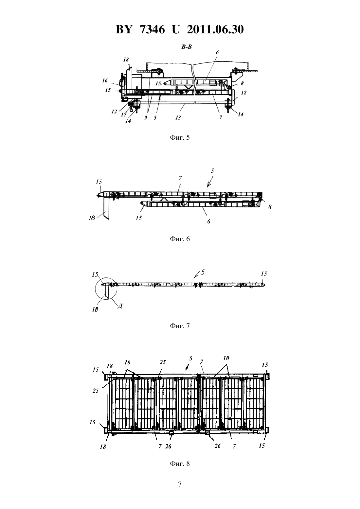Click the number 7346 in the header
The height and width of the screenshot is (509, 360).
[x=152, y=29]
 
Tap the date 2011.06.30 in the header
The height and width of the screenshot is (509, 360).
[x=215, y=29]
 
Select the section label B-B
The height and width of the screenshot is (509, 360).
[x=186, y=47]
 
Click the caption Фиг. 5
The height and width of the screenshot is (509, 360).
[x=180, y=137]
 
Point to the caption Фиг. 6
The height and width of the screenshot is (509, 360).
[x=180, y=239]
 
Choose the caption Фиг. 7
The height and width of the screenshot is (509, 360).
[x=180, y=326]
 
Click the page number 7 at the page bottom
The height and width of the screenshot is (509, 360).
[x=180, y=484]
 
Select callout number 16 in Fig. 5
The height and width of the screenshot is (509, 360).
[x=105, y=80]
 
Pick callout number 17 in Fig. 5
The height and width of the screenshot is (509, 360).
[x=124, y=115]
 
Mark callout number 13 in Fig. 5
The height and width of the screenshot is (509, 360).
[x=178, y=117]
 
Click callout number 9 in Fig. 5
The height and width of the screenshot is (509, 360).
[x=146, y=117]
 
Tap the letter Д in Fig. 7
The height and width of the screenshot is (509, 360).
[x=120, y=306]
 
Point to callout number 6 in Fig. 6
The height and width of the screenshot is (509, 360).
[x=209, y=221]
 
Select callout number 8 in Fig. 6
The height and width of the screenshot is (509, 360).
[x=270, y=207]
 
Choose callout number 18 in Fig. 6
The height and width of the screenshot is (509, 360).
[x=92, y=219]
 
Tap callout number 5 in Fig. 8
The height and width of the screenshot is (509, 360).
[x=191, y=358]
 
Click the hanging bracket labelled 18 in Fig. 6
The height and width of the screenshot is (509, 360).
[x=106, y=208]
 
